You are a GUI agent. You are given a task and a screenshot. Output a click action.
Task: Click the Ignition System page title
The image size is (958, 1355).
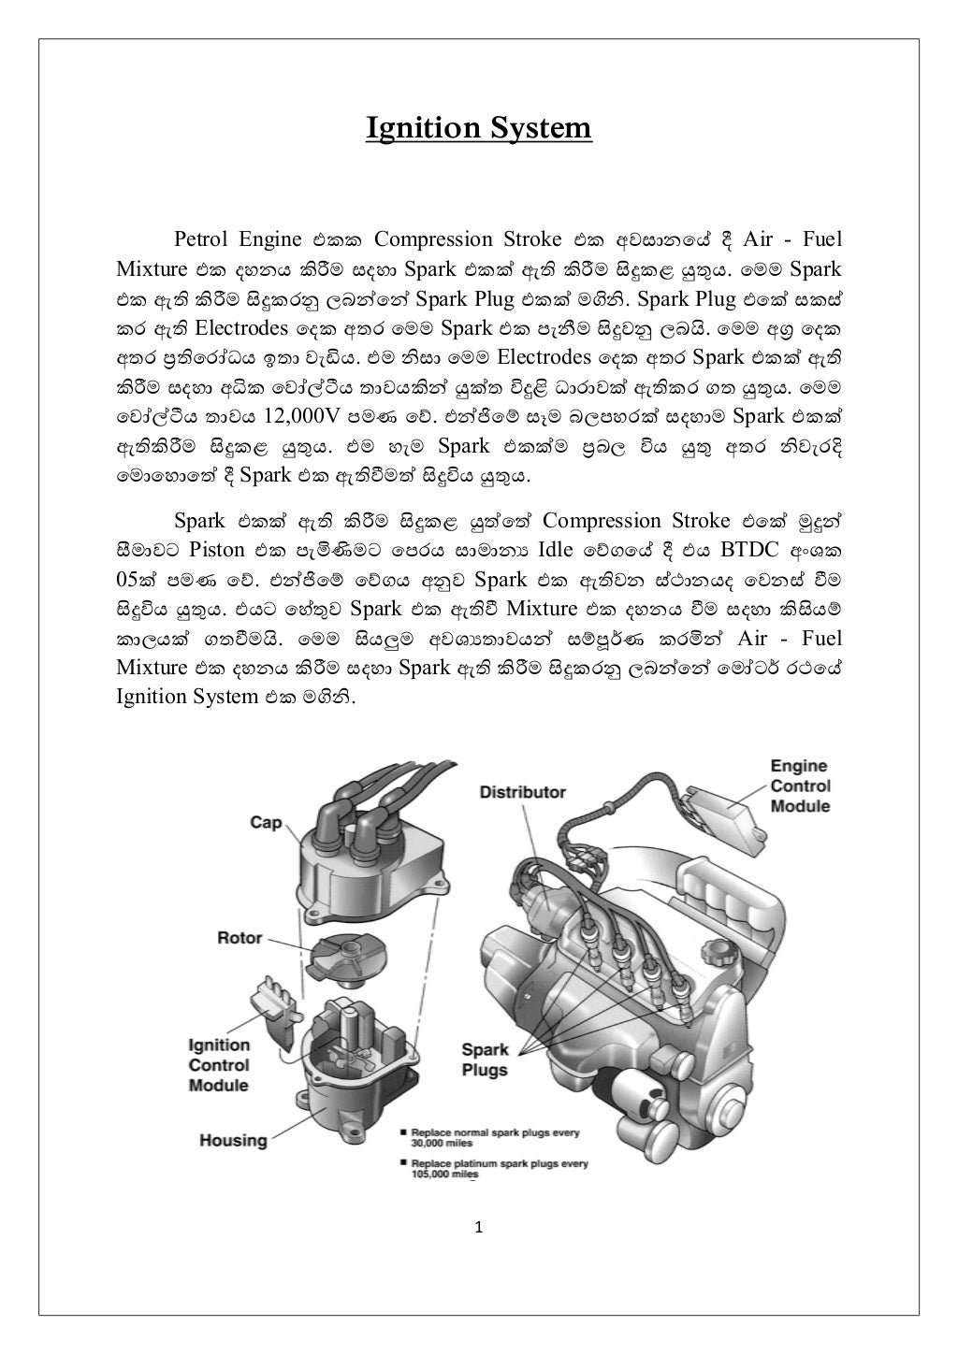478,127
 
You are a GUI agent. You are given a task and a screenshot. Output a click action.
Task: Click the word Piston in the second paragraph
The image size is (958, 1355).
216,549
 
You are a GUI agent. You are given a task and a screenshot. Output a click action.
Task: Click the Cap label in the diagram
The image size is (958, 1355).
266,822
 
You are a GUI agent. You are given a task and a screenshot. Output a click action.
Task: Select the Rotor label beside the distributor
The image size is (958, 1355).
239,937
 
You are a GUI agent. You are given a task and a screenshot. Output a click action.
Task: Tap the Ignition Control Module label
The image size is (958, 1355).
219,1065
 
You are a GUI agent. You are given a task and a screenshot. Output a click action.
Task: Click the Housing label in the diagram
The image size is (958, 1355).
233,1140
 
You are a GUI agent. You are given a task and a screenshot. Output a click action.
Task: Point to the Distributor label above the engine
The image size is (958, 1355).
522,792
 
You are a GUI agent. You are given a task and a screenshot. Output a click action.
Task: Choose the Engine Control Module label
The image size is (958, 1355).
800,786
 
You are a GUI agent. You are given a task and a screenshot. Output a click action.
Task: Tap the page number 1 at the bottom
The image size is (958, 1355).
478,1227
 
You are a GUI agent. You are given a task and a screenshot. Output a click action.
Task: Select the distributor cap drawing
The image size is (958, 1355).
360,865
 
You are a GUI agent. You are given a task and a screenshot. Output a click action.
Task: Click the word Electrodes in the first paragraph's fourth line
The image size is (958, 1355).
240,329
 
